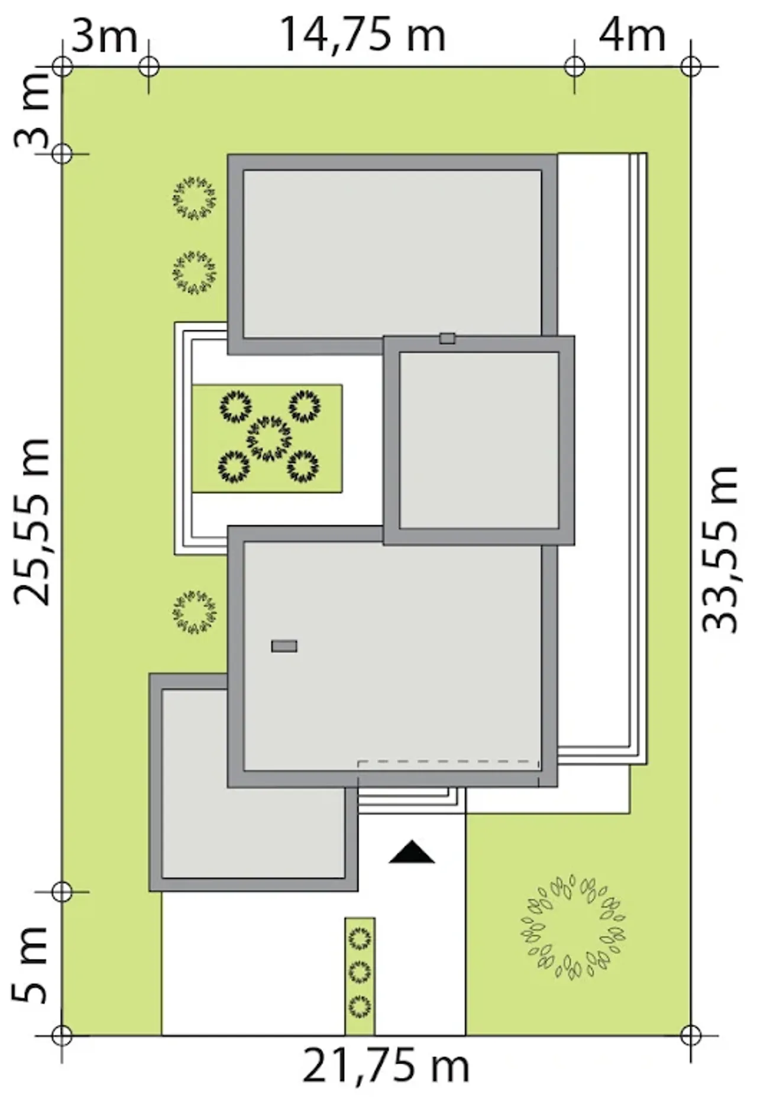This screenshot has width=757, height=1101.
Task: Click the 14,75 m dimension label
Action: tap(362, 34)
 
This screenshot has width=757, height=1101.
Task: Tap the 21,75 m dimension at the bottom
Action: tap(386, 1066)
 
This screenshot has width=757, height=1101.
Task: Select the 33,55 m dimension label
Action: tap(720, 550)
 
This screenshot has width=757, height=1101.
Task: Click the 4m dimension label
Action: tap(632, 35)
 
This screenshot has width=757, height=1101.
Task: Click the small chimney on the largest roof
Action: tap(284, 646)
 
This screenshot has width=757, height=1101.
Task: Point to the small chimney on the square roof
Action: tap(447, 338)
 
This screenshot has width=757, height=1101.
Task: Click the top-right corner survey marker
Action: tap(690, 66)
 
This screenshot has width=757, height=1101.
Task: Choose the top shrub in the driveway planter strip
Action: tap(360, 938)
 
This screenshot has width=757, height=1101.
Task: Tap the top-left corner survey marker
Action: tap(62, 66)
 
